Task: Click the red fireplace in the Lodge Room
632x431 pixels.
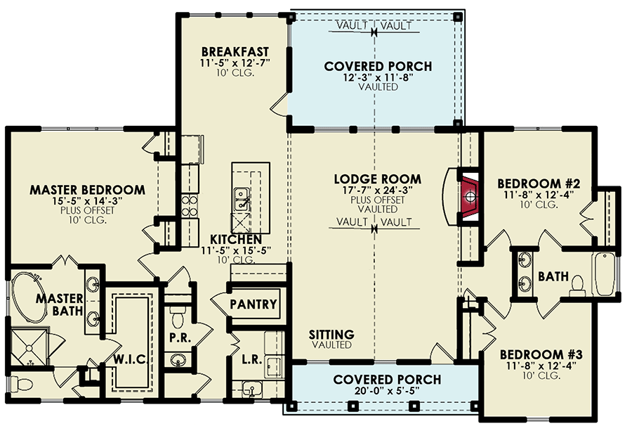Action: (x=469, y=194)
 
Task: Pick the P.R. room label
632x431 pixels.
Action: (x=177, y=337)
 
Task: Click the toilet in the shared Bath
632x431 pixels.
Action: (x=577, y=283)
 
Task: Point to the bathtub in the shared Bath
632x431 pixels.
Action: (x=603, y=276)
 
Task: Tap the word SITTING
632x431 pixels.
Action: (x=331, y=334)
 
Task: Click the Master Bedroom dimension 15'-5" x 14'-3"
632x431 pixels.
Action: (x=87, y=202)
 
